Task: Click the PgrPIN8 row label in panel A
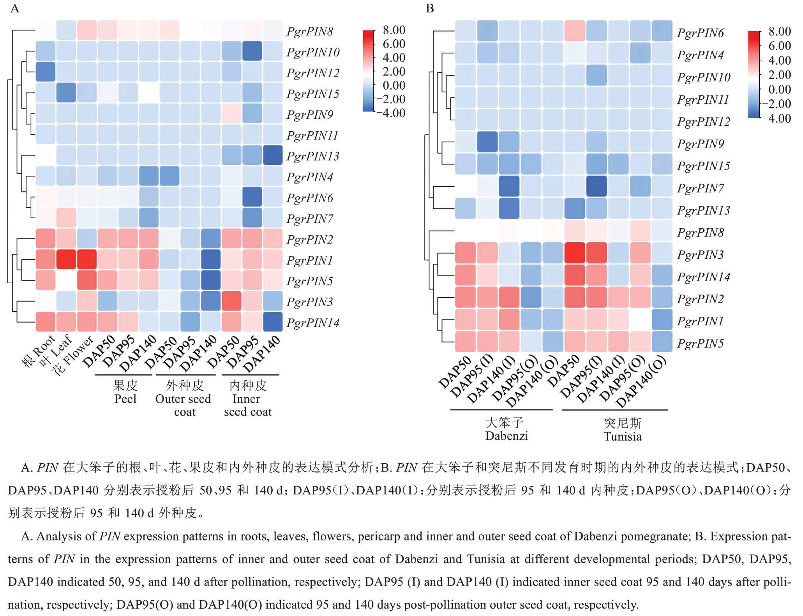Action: pos(310,31)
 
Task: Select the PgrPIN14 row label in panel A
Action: pos(313,323)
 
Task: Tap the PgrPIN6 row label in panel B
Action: pos(700,33)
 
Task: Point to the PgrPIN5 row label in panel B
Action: pos(700,343)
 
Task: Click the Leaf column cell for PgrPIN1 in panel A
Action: pos(66,259)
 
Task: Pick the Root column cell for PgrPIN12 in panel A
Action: pos(46,72)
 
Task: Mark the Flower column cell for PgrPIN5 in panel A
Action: pos(87,281)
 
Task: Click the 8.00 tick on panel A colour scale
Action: pos(394,30)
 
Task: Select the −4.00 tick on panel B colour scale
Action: pos(779,118)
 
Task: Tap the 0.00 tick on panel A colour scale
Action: pos(394,85)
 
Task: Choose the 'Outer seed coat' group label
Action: pos(184,399)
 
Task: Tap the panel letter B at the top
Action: pos(430,9)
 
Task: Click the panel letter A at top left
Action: pos(15,9)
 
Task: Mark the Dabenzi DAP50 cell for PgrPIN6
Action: pos(466,31)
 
